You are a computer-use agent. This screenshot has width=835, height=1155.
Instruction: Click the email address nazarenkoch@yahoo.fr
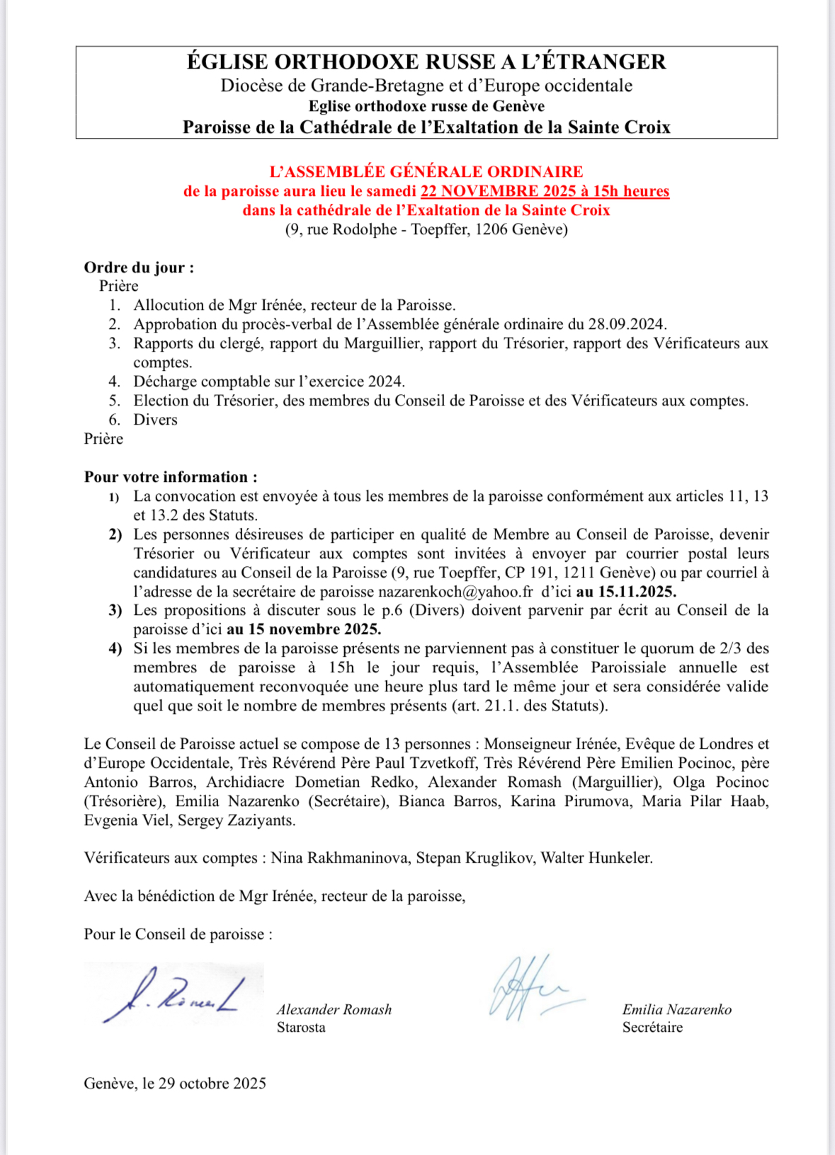[x=455, y=592]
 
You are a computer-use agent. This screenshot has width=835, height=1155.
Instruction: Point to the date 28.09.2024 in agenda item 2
[x=626, y=324]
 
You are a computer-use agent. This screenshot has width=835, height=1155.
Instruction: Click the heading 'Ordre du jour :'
[x=139, y=268]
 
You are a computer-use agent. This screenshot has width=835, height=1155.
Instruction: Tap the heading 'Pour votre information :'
[x=171, y=477]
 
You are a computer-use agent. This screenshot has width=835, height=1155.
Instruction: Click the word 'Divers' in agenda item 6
[x=156, y=420]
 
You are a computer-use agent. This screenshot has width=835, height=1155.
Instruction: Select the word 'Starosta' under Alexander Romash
[x=301, y=1028]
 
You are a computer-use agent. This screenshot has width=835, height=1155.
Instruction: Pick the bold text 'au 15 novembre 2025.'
[x=304, y=629]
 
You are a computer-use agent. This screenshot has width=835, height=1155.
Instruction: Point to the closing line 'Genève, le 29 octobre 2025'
[x=175, y=1084]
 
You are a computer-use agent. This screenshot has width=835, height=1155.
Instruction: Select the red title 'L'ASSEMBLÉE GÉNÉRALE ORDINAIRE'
[x=426, y=172]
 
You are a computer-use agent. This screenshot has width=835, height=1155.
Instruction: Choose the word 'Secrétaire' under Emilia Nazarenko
[x=652, y=1028]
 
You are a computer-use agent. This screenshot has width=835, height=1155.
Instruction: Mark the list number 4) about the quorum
[x=115, y=648]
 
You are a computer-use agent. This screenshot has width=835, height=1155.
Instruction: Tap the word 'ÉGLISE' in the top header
[x=227, y=62]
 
